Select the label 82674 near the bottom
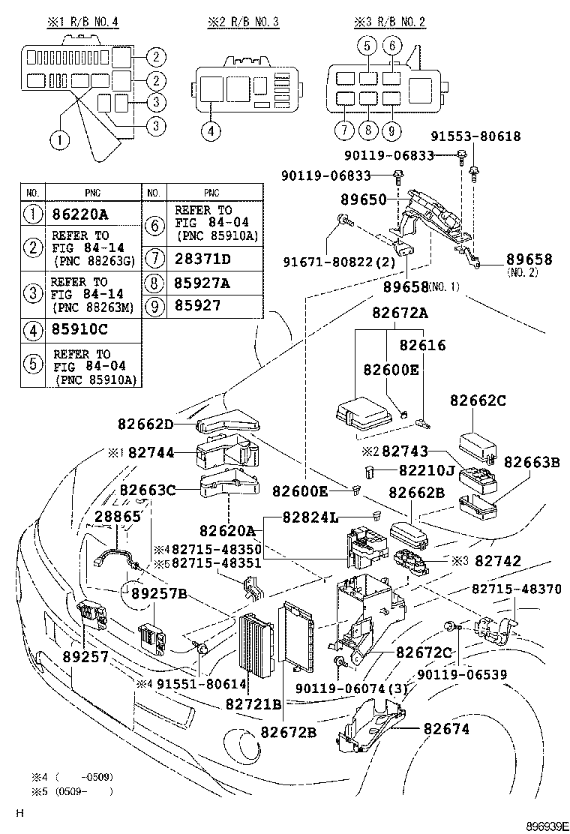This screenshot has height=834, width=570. tap(447, 728)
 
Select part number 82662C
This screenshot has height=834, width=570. tap(478, 401)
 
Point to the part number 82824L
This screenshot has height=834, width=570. tap(310, 517)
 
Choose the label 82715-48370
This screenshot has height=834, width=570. tap(516, 589)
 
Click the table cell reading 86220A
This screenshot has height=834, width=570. tap(80, 214)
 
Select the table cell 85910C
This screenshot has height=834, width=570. tap(80, 328)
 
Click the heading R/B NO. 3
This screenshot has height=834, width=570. tap(243, 22)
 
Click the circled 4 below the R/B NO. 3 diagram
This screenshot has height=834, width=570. tap(211, 130)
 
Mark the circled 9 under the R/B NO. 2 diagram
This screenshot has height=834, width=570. tap(391, 130)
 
